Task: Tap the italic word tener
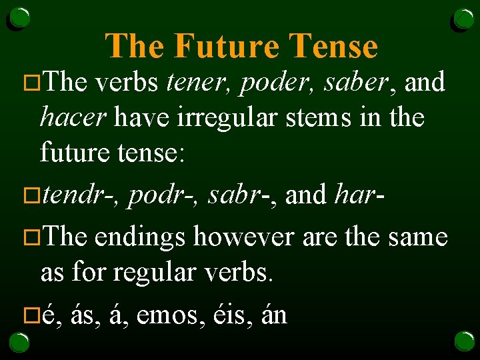[197, 82]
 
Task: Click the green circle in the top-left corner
[19, 18]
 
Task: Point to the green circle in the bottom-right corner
[464, 341]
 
